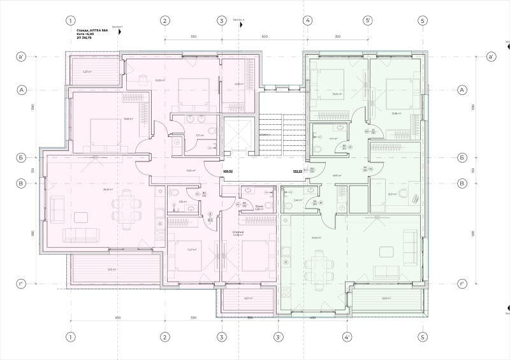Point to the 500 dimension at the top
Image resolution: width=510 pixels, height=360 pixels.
[x=264, y=37]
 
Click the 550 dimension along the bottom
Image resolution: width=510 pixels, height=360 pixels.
[x=117, y=317]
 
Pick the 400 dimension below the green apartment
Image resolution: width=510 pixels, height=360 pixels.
[x=312, y=317]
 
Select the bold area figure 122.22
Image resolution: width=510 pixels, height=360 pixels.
[x=297, y=171]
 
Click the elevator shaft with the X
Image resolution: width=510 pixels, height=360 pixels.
[x=235, y=134]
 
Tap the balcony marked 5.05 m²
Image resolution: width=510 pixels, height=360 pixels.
[x=386, y=298]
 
